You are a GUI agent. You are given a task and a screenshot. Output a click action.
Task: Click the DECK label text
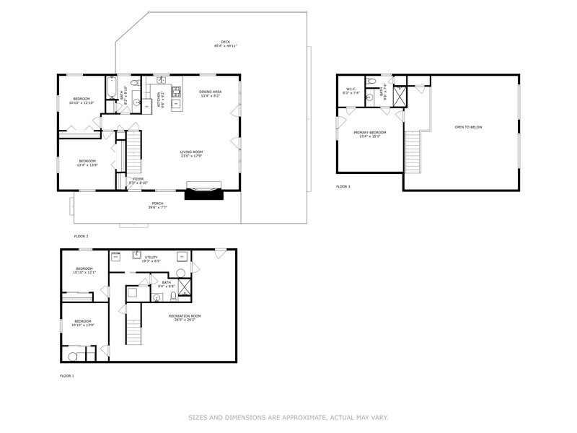point(225,41)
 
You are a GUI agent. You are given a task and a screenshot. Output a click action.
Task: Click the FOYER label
point(138,178)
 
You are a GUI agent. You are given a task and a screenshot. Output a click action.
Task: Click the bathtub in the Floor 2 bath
point(111,89)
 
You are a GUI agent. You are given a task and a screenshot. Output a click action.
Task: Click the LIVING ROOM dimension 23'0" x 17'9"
point(192,156)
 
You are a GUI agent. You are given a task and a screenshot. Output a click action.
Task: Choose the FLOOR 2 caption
point(81,236)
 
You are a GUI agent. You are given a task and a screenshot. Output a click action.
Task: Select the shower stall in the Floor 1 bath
point(185,289)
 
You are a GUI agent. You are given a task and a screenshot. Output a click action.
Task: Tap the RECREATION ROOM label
point(185,315)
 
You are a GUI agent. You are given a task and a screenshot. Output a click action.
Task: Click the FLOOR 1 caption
point(66,375)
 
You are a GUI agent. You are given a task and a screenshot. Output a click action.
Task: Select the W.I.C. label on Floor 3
point(352,89)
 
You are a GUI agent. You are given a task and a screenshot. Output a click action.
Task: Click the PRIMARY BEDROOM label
point(369,133)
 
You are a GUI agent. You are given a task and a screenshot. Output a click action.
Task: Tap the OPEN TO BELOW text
point(468,127)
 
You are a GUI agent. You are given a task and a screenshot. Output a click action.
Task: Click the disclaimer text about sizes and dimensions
point(288,417)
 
